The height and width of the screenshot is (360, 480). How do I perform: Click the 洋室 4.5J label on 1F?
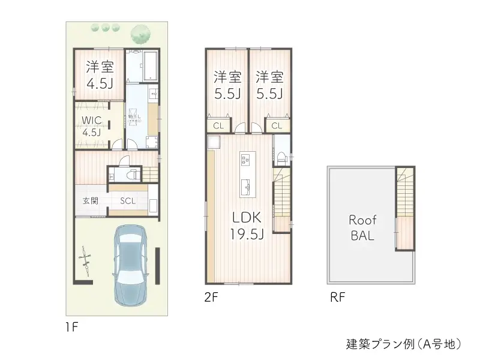pyautogui.click(x=100, y=75)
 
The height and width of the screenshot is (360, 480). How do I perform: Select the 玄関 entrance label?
pyautogui.click(x=91, y=201)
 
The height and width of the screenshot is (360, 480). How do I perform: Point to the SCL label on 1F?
pyautogui.click(x=128, y=201)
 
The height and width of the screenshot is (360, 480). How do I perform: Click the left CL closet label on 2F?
pyautogui.click(x=218, y=125)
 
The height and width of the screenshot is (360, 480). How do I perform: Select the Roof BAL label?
pyautogui.click(x=362, y=227)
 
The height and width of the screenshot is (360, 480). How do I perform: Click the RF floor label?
pyautogui.click(x=337, y=297)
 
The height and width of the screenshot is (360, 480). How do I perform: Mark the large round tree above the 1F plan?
pyautogui.click(x=141, y=32)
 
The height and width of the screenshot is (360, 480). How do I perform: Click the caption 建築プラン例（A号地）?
pyautogui.click(x=403, y=344)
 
